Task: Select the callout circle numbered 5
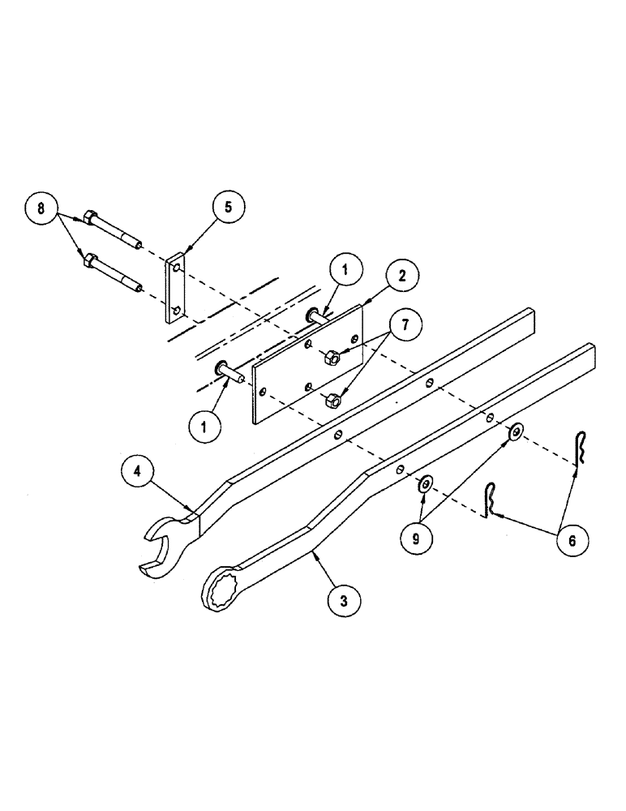click(228, 207)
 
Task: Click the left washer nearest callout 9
click(425, 485)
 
